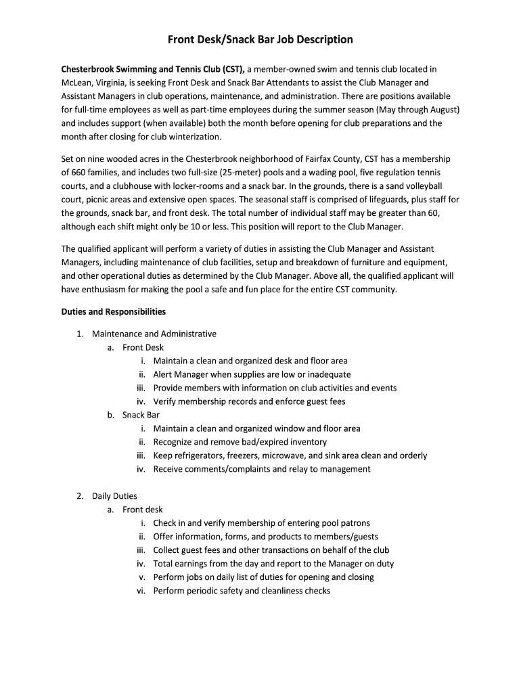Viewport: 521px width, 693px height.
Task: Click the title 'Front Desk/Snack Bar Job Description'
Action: pyautogui.click(x=260, y=39)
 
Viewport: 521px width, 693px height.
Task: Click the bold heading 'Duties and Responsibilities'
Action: pyautogui.click(x=113, y=312)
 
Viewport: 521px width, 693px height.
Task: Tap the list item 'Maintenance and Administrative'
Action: pyautogui.click(x=154, y=334)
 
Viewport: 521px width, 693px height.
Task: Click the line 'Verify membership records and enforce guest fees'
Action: pyautogui.click(x=249, y=401)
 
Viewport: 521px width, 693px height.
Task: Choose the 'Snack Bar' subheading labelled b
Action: pyautogui.click(x=141, y=415)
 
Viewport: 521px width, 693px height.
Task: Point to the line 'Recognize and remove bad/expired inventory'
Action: pyautogui.click(x=240, y=442)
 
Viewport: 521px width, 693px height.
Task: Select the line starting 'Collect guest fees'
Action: pyautogui.click(x=271, y=550)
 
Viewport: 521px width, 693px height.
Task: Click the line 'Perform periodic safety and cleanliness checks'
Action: pyautogui.click(x=242, y=591)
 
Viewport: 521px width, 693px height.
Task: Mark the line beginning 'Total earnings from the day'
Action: pyautogui.click(x=273, y=564)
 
